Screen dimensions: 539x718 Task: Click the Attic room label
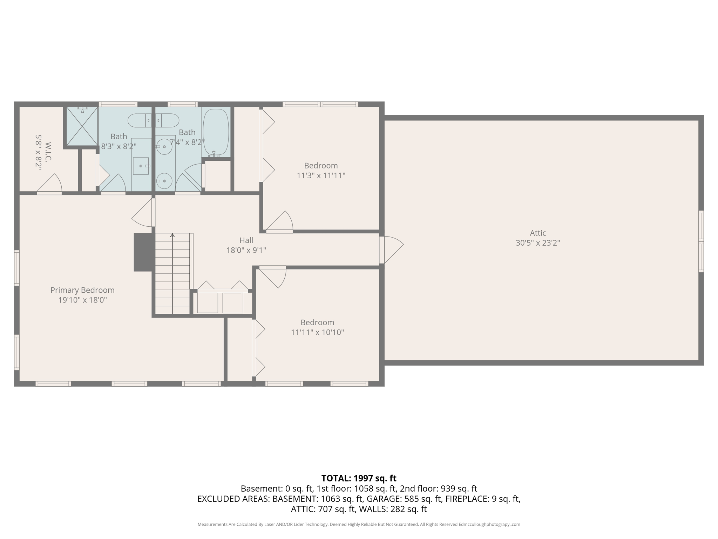point(537,233)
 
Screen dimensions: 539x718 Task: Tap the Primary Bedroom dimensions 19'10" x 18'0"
point(82,300)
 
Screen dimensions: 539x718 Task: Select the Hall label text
point(246,240)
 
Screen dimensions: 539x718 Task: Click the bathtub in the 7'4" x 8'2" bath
point(216,132)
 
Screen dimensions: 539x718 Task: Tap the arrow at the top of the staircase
point(172,235)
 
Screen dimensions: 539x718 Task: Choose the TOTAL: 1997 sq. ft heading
point(359,478)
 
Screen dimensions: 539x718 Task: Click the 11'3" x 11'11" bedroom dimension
point(321,175)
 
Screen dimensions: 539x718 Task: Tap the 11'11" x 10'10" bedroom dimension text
point(317,332)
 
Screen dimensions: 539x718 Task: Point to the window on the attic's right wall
point(701,241)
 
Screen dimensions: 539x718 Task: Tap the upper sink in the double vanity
point(164,146)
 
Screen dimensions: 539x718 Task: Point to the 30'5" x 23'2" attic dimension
point(537,243)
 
